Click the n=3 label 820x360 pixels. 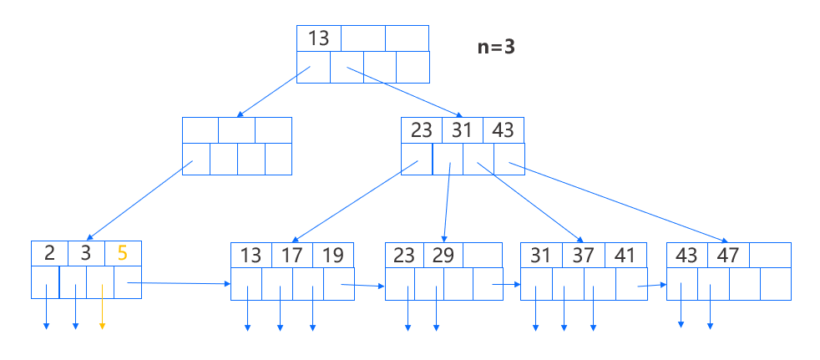coord(495,47)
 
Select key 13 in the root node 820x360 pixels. coord(318,38)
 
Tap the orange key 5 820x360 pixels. coord(122,253)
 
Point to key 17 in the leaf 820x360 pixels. coord(291,256)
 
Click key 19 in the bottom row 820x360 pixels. coord(333,256)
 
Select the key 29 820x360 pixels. coord(443,256)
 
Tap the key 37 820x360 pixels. coord(582,256)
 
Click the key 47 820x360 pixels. coord(728,256)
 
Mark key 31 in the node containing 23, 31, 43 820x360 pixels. coord(462,131)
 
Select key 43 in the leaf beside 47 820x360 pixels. coord(687,256)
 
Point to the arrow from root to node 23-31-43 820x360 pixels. coord(404,92)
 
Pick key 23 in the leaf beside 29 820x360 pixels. coord(404,256)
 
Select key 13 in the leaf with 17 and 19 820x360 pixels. coord(251,256)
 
